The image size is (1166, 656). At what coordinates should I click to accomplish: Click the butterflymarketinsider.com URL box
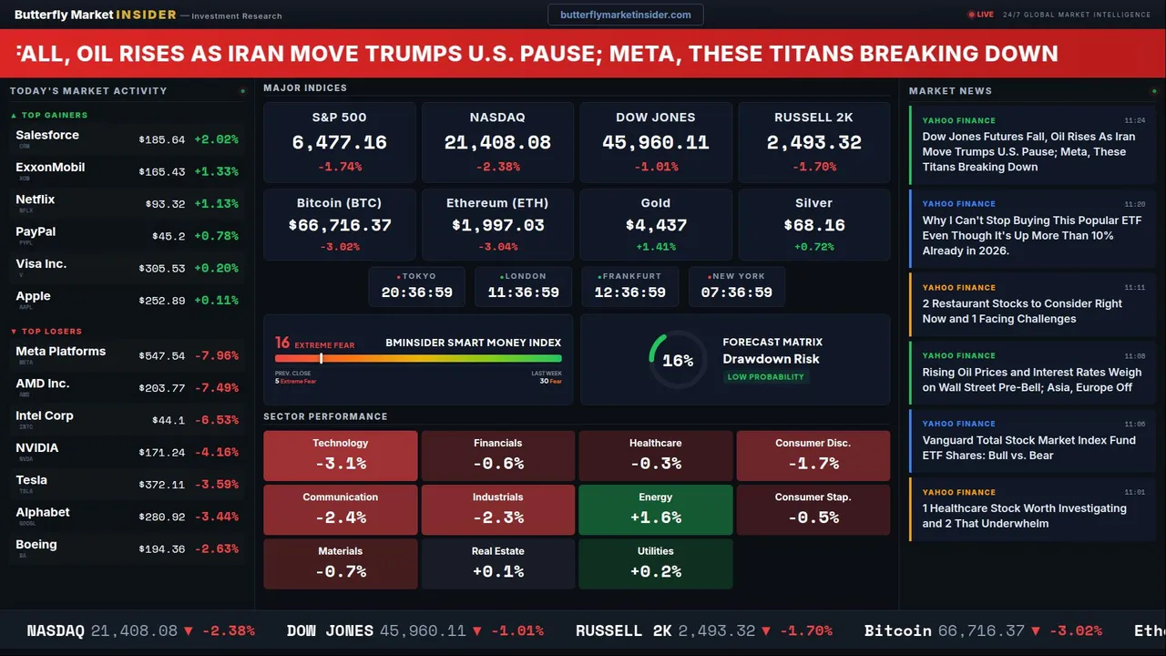[x=625, y=15]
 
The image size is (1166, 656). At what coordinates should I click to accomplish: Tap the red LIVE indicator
[x=981, y=15]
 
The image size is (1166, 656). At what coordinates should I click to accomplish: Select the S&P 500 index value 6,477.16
[x=339, y=143]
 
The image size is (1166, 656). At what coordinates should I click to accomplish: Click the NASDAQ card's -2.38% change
[x=496, y=167]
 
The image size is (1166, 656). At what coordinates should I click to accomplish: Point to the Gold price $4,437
[x=656, y=225]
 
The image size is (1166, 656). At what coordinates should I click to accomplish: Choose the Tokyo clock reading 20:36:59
[x=416, y=292]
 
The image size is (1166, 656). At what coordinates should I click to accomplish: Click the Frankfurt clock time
[x=629, y=292]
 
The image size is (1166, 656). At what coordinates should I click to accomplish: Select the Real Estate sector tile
[x=497, y=564]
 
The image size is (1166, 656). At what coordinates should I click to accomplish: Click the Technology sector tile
[x=340, y=456]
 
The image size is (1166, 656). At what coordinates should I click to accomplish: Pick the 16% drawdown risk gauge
[x=678, y=360]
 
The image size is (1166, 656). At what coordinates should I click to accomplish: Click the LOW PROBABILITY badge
[x=765, y=377]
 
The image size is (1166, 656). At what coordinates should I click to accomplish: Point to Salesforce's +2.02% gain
[x=216, y=140]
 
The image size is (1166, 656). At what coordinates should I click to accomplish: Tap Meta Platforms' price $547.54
[x=161, y=356]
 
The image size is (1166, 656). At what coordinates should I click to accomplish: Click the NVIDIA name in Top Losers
[x=37, y=448]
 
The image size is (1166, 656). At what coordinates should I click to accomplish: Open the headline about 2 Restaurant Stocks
[x=1021, y=311]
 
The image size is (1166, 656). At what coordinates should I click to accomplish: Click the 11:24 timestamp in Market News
[x=1134, y=120]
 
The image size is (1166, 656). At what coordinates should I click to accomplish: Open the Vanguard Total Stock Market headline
[x=1028, y=447]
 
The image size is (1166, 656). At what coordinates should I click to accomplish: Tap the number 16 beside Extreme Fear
[x=282, y=343]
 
